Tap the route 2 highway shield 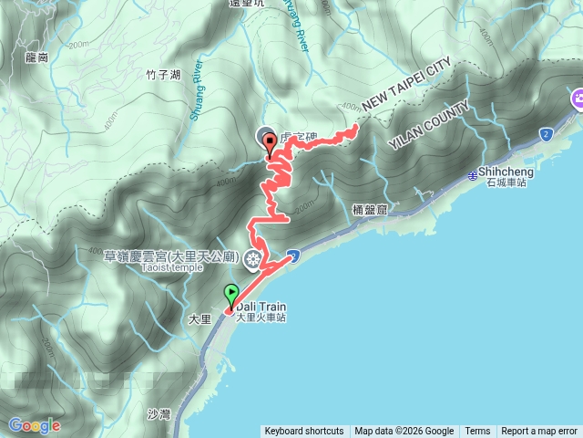coord(545,134)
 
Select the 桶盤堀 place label coord(370,210)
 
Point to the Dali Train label coord(262,307)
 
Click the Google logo coord(34,425)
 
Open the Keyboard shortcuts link coord(304,432)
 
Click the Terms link coord(477,432)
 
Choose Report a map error coord(540,432)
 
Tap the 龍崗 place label coord(36,57)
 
